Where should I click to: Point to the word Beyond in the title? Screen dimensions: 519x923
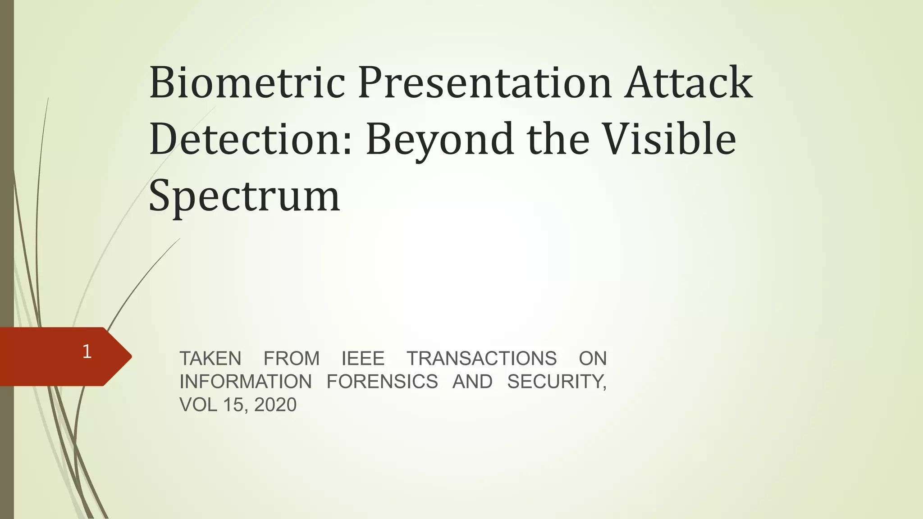tap(439, 139)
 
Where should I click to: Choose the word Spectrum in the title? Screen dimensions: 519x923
tap(244, 196)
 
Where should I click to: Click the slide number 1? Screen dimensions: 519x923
tap(87, 352)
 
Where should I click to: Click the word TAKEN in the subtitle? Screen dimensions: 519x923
tap(210, 359)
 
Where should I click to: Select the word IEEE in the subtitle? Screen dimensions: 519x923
tap(363, 359)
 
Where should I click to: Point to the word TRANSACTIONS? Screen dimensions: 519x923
tap(482, 359)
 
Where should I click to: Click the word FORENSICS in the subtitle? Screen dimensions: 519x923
tap(382, 382)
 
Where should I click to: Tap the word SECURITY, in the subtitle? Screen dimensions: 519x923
tap(557, 382)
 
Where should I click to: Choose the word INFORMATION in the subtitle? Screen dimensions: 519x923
tap(246, 382)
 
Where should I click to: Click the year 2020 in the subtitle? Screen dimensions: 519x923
tap(275, 405)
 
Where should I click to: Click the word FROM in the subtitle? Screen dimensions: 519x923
tap(292, 359)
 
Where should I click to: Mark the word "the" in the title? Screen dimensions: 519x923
tap(558, 139)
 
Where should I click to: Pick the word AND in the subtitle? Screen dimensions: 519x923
tap(472, 382)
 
